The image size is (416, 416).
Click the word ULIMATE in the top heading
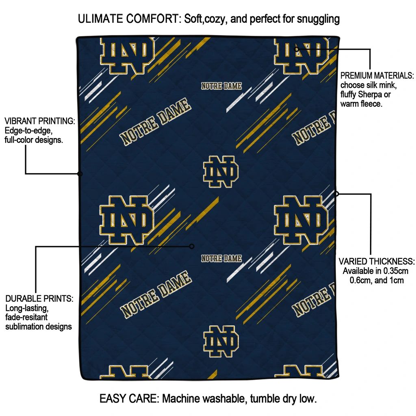point(101,19)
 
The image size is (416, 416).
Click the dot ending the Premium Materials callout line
point(297,49)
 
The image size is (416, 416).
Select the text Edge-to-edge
point(28,130)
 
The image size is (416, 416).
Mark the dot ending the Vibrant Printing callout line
point(80,174)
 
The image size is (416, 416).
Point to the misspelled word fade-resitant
point(26,317)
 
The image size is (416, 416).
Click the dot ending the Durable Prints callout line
point(192,247)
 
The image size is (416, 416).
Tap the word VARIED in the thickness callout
point(351,262)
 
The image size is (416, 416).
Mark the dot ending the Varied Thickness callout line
point(336,194)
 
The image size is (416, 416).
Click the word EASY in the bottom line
point(111,399)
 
